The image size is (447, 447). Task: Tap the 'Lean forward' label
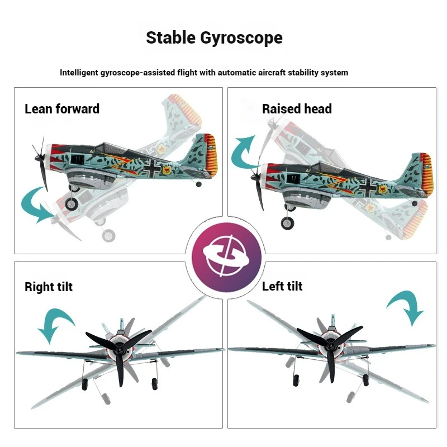pos(62,108)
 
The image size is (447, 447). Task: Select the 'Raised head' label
pos(297,108)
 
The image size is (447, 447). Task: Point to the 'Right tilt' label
pos(49,287)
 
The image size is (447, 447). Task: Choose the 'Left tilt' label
pos(282,286)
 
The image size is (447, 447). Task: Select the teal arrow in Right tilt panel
pos(56,324)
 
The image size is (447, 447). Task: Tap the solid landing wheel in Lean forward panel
pos(72,203)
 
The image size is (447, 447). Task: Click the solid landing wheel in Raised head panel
pos(287,223)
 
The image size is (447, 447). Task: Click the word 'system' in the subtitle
pos(335,73)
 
